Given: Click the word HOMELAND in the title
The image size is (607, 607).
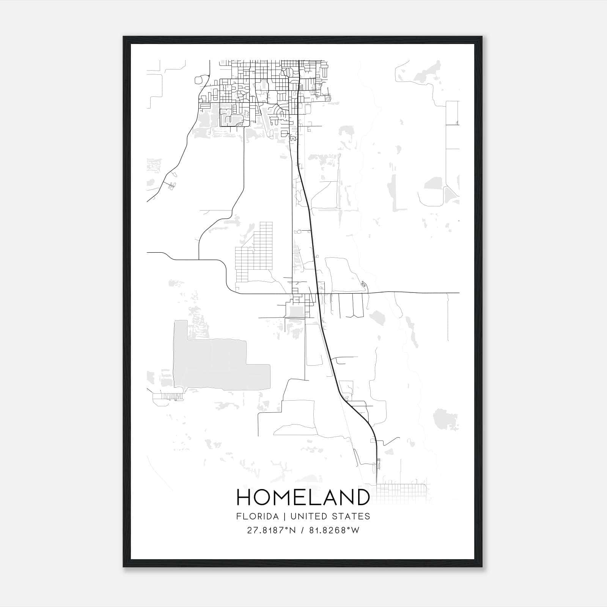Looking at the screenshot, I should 303,497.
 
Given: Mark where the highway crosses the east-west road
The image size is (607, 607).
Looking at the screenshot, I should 318,293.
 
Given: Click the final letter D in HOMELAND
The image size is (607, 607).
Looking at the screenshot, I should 362,497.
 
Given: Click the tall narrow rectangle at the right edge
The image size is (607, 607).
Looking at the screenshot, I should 452,113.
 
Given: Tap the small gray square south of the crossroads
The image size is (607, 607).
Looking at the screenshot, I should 296,312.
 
